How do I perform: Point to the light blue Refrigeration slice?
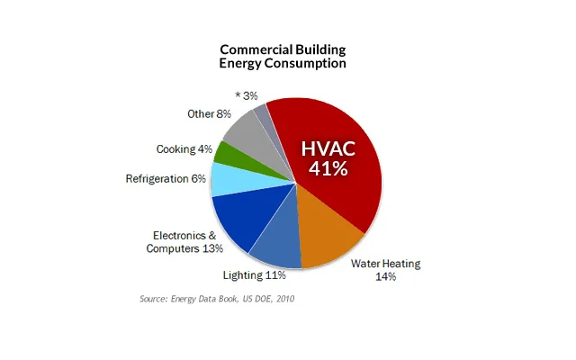tap(229, 178)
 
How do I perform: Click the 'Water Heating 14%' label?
tap(385, 270)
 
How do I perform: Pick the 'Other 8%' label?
tap(208, 115)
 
